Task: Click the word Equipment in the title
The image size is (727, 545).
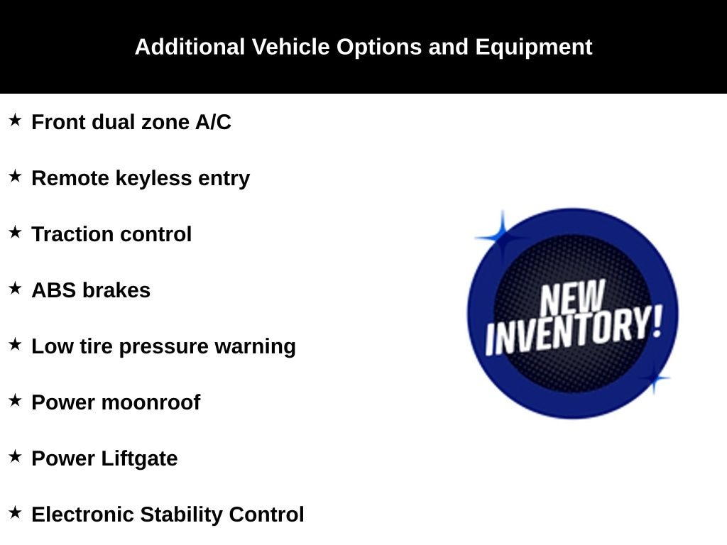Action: click(534, 48)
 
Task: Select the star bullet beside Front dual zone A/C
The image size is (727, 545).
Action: click(15, 120)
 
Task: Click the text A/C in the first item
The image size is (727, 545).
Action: click(213, 122)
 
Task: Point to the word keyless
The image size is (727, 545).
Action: click(153, 179)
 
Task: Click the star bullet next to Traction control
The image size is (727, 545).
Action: click(15, 232)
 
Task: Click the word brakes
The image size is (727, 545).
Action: click(117, 290)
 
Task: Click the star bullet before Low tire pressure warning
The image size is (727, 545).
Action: click(15, 344)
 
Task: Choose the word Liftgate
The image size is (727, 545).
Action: click(139, 459)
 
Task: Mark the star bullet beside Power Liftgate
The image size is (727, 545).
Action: click(15, 456)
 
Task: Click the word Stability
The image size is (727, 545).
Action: click(181, 515)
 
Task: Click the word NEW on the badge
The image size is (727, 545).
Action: click(573, 298)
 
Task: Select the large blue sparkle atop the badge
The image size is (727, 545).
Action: click(502, 237)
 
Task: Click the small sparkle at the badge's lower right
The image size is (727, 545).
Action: click(654, 378)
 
